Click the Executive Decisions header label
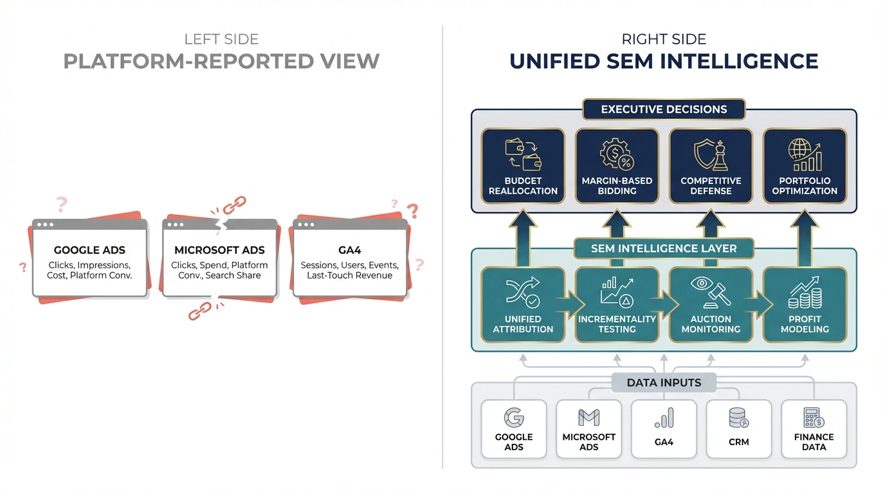664,109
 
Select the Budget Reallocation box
523,166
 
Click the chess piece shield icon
711,155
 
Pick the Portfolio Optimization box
805,166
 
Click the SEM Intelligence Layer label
664,248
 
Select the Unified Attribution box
523,305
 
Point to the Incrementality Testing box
617,305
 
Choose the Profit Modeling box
805,305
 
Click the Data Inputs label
664,383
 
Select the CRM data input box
739,429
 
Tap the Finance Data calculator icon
814,417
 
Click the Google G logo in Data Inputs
514,417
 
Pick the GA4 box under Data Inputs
664,429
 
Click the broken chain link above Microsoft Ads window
234,205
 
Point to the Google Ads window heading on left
89,250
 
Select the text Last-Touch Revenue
350,275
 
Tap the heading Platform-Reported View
221,61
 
